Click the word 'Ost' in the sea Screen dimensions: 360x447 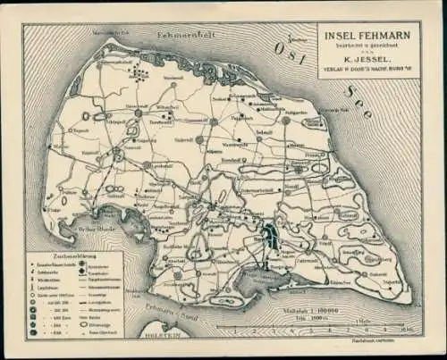[x=295, y=51]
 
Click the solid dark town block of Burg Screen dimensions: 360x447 [x=270, y=237]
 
